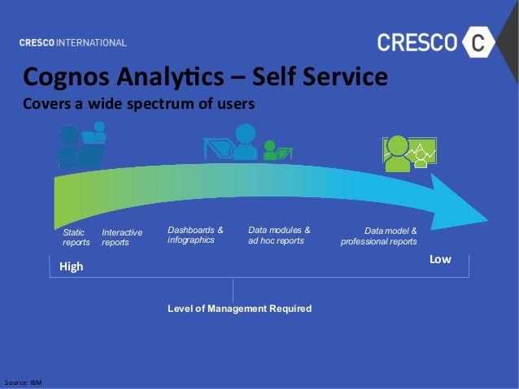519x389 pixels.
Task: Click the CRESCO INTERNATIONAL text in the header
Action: coord(73,42)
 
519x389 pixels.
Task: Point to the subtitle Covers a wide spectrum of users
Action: coord(138,104)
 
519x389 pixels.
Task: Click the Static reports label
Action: coord(76,237)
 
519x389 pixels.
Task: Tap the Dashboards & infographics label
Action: coord(195,235)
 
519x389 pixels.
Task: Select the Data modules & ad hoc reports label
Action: coord(278,235)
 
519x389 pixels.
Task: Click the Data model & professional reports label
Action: coord(379,236)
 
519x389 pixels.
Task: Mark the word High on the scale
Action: coord(71,266)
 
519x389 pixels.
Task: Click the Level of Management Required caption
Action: coord(239,309)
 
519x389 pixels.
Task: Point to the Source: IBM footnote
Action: coord(23,381)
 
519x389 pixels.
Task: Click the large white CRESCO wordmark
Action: coord(417,42)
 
